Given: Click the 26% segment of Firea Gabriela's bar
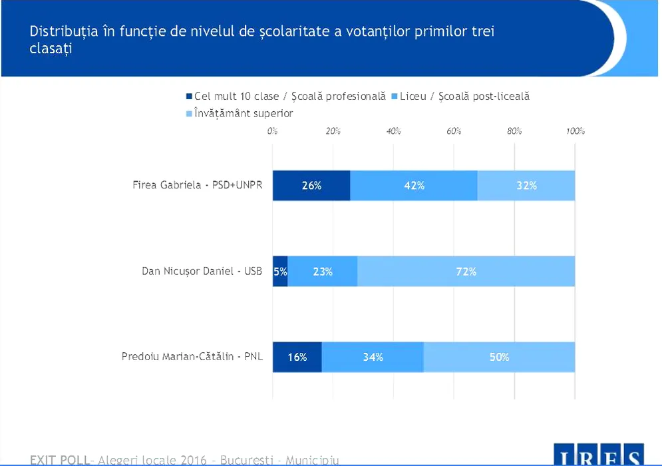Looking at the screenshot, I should coord(311,186).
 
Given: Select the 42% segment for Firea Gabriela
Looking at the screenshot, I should coord(414,186).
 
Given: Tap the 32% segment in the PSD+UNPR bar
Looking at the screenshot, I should coord(526,186).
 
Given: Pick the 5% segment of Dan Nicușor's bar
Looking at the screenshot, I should coord(280,272).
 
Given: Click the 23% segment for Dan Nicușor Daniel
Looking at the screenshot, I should coord(323,272).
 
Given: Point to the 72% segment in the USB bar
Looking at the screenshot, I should coord(466,272).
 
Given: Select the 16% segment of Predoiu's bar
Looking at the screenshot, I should coord(297,357).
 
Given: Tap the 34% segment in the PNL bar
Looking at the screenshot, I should coord(373,357).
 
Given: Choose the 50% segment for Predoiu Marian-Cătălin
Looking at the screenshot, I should coord(499,357).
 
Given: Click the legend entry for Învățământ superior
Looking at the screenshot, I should coord(243,113).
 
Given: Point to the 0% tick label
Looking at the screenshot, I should coord(272,131).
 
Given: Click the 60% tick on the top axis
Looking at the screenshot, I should coord(454,131).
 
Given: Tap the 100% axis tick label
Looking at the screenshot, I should coord(576,131).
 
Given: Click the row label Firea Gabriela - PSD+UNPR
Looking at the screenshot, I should coord(198,185).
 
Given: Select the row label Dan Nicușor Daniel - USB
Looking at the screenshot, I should coord(202,271).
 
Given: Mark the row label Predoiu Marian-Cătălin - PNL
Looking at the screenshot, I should coord(192,357).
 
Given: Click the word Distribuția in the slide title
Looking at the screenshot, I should coord(63,31).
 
